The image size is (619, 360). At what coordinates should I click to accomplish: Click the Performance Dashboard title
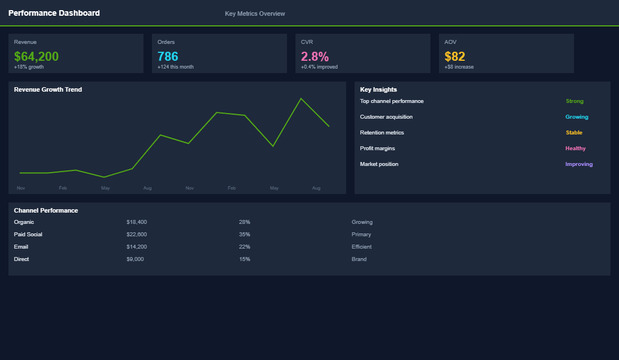54,13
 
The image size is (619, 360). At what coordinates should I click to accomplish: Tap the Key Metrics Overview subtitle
255,13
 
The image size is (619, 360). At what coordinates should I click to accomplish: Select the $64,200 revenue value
37,56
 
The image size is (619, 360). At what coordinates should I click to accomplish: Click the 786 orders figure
168,56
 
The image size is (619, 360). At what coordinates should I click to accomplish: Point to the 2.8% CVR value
315,56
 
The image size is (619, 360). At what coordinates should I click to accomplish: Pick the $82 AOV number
455,56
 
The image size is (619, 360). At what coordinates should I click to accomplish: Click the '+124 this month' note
176,67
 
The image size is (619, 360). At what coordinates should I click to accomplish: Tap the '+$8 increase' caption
459,67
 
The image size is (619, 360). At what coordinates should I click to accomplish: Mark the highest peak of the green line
301,98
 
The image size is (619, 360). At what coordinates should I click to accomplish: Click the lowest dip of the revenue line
104,177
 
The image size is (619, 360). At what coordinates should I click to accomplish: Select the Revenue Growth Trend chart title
48,89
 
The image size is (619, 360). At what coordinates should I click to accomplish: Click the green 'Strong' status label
575,101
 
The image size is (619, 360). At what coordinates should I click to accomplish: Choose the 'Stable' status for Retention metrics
574,133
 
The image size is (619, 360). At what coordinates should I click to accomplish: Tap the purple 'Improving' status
579,164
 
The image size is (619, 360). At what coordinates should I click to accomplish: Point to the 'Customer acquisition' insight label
386,117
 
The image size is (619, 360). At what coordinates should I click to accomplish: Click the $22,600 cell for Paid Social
137,235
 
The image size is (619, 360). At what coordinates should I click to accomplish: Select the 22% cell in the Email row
244,247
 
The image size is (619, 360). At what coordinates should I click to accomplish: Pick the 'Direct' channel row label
21,259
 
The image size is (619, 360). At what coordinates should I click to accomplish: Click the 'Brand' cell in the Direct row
359,259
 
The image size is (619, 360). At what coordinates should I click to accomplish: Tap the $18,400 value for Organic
137,222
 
